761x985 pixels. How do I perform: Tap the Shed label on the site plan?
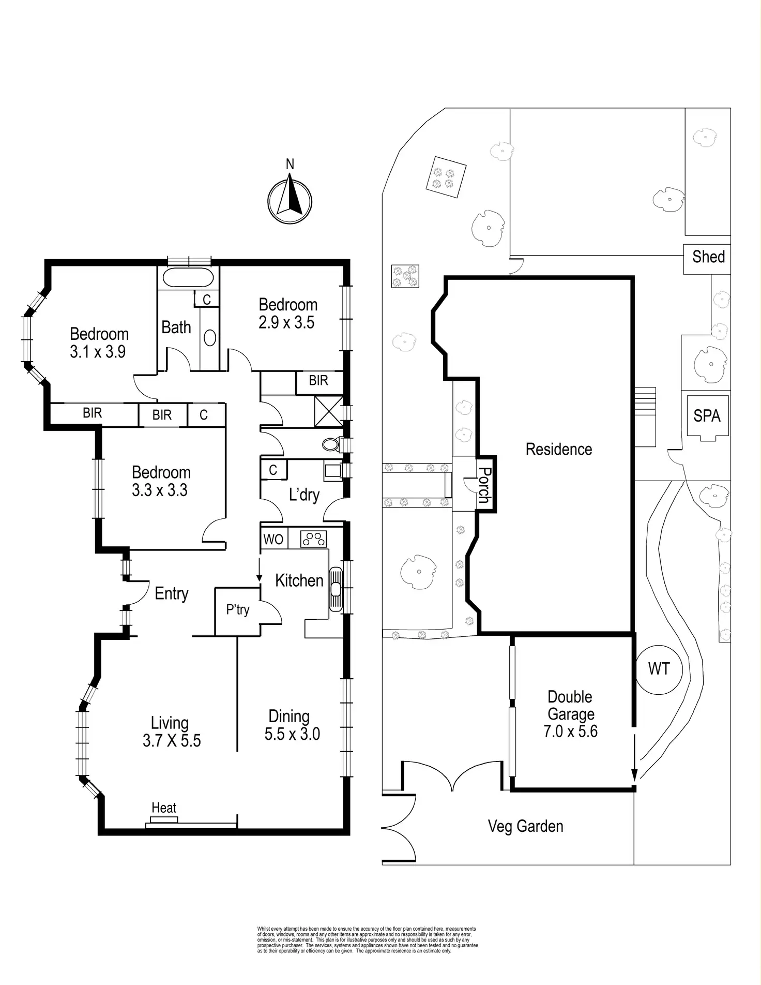[708, 257]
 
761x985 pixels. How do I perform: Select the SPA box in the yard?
[707, 416]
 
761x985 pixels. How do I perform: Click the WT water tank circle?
[659, 669]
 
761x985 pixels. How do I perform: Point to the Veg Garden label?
[525, 826]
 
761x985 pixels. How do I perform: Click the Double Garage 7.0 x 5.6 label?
[570, 714]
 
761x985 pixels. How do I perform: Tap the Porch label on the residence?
[484, 485]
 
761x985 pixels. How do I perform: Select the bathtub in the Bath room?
[188, 278]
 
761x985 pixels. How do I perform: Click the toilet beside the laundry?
[330, 444]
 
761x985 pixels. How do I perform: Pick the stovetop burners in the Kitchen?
[314, 539]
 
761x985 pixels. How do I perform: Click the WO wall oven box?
[273, 539]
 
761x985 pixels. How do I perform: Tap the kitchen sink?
[336, 589]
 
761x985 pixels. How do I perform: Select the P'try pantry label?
[238, 610]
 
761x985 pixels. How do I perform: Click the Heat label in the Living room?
[164, 808]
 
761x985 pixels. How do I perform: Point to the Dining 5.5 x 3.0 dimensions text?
[292, 734]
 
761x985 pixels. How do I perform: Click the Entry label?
[171, 593]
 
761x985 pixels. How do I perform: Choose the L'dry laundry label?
[304, 495]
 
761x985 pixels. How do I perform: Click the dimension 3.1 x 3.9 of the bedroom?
[98, 352]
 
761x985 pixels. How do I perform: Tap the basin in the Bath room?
[210, 337]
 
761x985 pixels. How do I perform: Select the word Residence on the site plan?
[558, 449]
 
